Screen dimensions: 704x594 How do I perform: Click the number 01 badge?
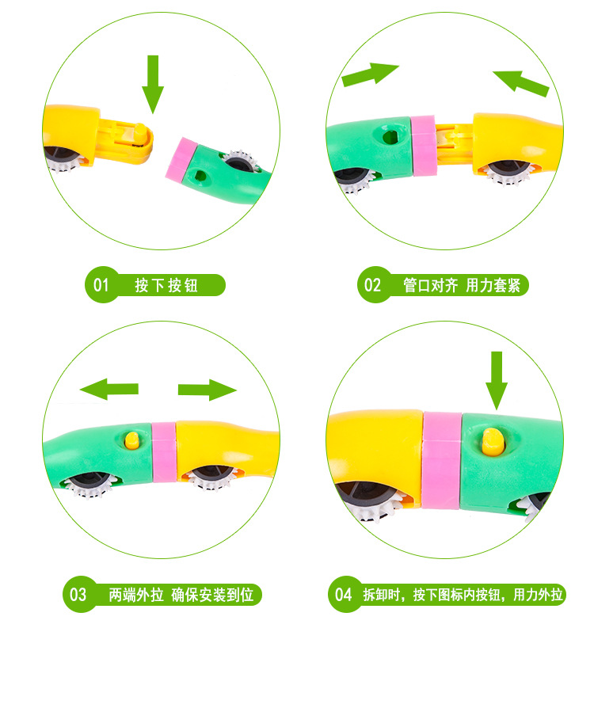click(101, 285)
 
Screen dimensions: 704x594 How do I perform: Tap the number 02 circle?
click(372, 285)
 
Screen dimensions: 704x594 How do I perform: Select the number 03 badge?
click(78, 594)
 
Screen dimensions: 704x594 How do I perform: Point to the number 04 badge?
click(343, 594)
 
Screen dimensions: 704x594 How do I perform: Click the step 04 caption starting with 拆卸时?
click(463, 594)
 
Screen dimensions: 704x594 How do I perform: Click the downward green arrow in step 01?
click(152, 84)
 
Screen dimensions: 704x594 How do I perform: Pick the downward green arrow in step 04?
click(497, 380)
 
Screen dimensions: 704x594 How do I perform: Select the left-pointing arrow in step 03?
click(109, 389)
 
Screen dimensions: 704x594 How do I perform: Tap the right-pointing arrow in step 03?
click(208, 389)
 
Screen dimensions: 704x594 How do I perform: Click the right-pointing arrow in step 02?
click(370, 74)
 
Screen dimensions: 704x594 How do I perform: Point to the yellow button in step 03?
click(133, 440)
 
